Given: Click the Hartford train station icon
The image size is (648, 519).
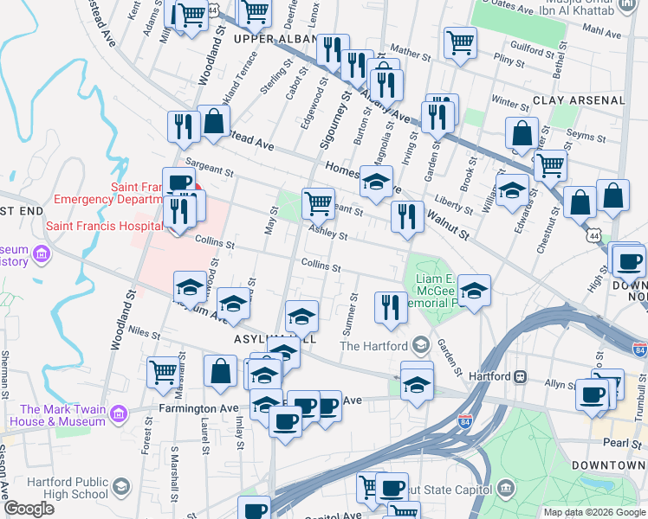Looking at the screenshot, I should pos(520,377).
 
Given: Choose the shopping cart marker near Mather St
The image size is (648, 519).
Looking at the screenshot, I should pos(460,42).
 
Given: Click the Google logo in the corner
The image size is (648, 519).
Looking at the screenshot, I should pos(29,509).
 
